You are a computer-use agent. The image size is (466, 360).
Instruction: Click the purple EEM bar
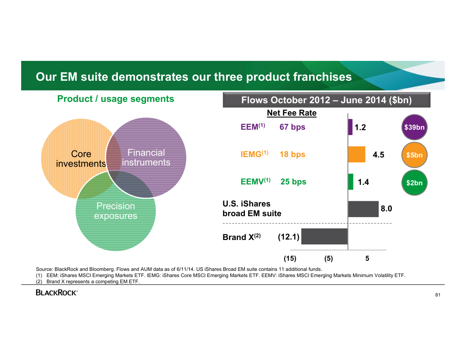click(x=350, y=127)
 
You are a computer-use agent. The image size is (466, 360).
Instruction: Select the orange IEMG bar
click(x=357, y=154)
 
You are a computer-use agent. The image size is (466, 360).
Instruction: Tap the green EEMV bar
click(x=351, y=182)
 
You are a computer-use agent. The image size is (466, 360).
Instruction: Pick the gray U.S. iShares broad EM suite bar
click(x=363, y=209)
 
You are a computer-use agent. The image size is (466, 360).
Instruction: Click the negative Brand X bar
click(x=324, y=236)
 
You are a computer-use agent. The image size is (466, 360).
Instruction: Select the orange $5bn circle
click(x=414, y=155)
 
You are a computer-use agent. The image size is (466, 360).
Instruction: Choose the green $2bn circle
click(x=414, y=183)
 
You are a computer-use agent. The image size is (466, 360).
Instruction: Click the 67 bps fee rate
click(x=292, y=127)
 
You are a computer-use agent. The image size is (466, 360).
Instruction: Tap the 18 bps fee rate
click(x=292, y=154)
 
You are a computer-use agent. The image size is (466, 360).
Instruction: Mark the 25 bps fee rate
click(x=293, y=182)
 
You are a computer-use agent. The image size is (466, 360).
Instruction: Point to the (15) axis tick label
click(x=290, y=259)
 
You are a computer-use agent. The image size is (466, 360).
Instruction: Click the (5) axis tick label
click(x=328, y=259)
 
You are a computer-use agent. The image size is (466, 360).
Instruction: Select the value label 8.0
click(x=386, y=209)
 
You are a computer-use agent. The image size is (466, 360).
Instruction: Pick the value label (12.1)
click(x=289, y=237)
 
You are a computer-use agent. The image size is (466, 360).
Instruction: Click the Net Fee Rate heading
click(x=292, y=113)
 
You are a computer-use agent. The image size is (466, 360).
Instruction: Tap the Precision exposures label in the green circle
click(x=116, y=211)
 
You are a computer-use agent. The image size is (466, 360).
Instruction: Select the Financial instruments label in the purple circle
click(x=146, y=157)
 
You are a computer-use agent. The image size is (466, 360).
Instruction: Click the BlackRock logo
click(x=56, y=292)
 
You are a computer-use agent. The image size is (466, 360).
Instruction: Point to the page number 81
click(x=438, y=295)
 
